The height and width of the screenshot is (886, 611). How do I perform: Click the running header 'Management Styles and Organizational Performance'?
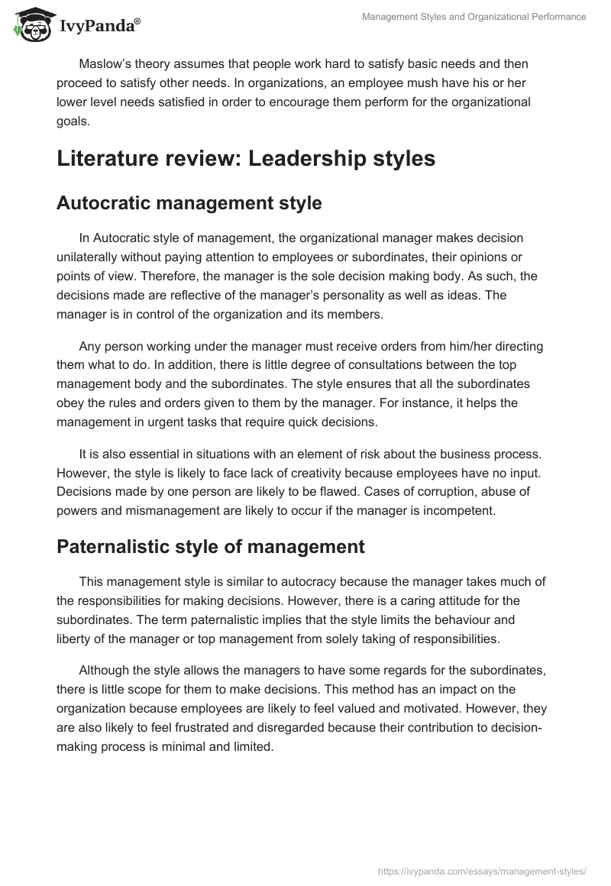click(x=474, y=17)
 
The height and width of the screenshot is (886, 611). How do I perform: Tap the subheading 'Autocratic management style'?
click(x=189, y=203)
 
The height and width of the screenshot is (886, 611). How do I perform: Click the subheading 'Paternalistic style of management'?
click(x=211, y=547)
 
